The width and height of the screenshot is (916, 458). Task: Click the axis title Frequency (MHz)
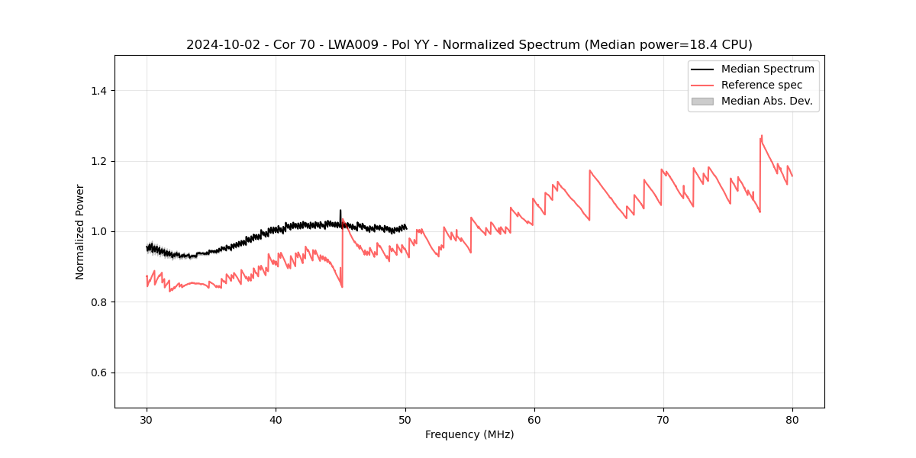[469, 434]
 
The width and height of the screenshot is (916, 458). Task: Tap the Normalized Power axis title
[80, 231]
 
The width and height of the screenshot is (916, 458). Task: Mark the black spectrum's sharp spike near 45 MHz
[340, 211]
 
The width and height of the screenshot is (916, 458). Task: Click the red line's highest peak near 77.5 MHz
[761, 136]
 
